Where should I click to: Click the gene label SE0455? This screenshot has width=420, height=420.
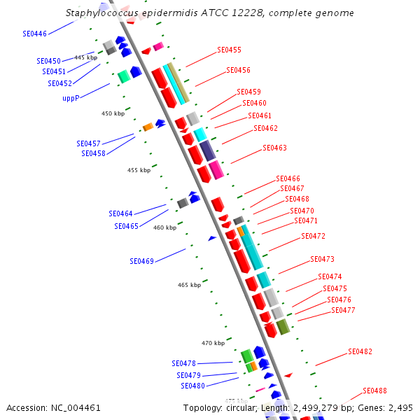229,50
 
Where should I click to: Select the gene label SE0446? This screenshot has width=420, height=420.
34,34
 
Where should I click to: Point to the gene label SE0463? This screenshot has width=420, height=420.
274,148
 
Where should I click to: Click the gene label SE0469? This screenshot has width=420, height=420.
141,261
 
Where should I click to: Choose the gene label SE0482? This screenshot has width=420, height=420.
360,351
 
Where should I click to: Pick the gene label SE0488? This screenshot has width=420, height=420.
374,391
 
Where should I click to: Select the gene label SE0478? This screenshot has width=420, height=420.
183,363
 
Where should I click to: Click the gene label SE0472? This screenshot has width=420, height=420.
313,237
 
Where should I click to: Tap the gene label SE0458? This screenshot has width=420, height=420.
93,153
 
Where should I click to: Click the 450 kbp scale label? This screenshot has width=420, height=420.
113,113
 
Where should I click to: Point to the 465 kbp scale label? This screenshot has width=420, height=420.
189,285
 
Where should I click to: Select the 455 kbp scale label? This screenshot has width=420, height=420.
139,170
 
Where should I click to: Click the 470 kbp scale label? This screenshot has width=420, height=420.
213,343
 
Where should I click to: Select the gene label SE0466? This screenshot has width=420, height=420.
288,179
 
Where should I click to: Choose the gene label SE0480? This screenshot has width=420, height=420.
192,386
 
